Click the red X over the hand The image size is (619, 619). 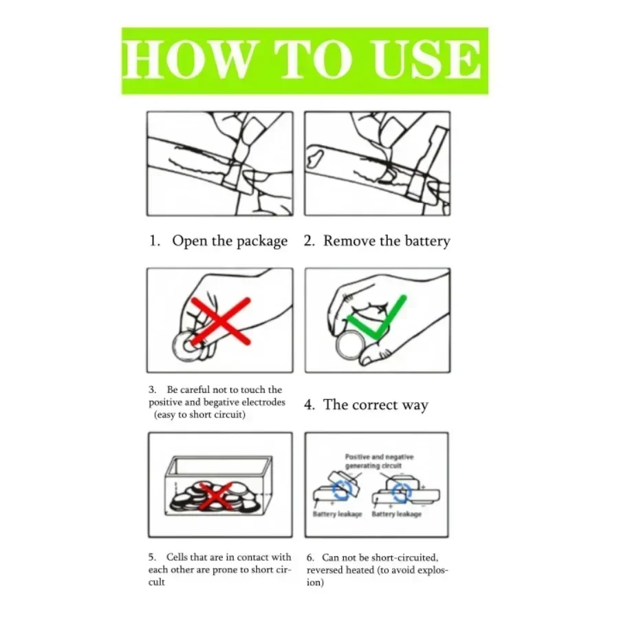click(221, 321)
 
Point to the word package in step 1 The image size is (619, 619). click(262, 241)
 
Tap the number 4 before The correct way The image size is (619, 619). click(309, 404)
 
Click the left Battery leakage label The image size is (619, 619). click(337, 514)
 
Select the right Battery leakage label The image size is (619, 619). click(396, 514)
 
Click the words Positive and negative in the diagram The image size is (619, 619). click(379, 457)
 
